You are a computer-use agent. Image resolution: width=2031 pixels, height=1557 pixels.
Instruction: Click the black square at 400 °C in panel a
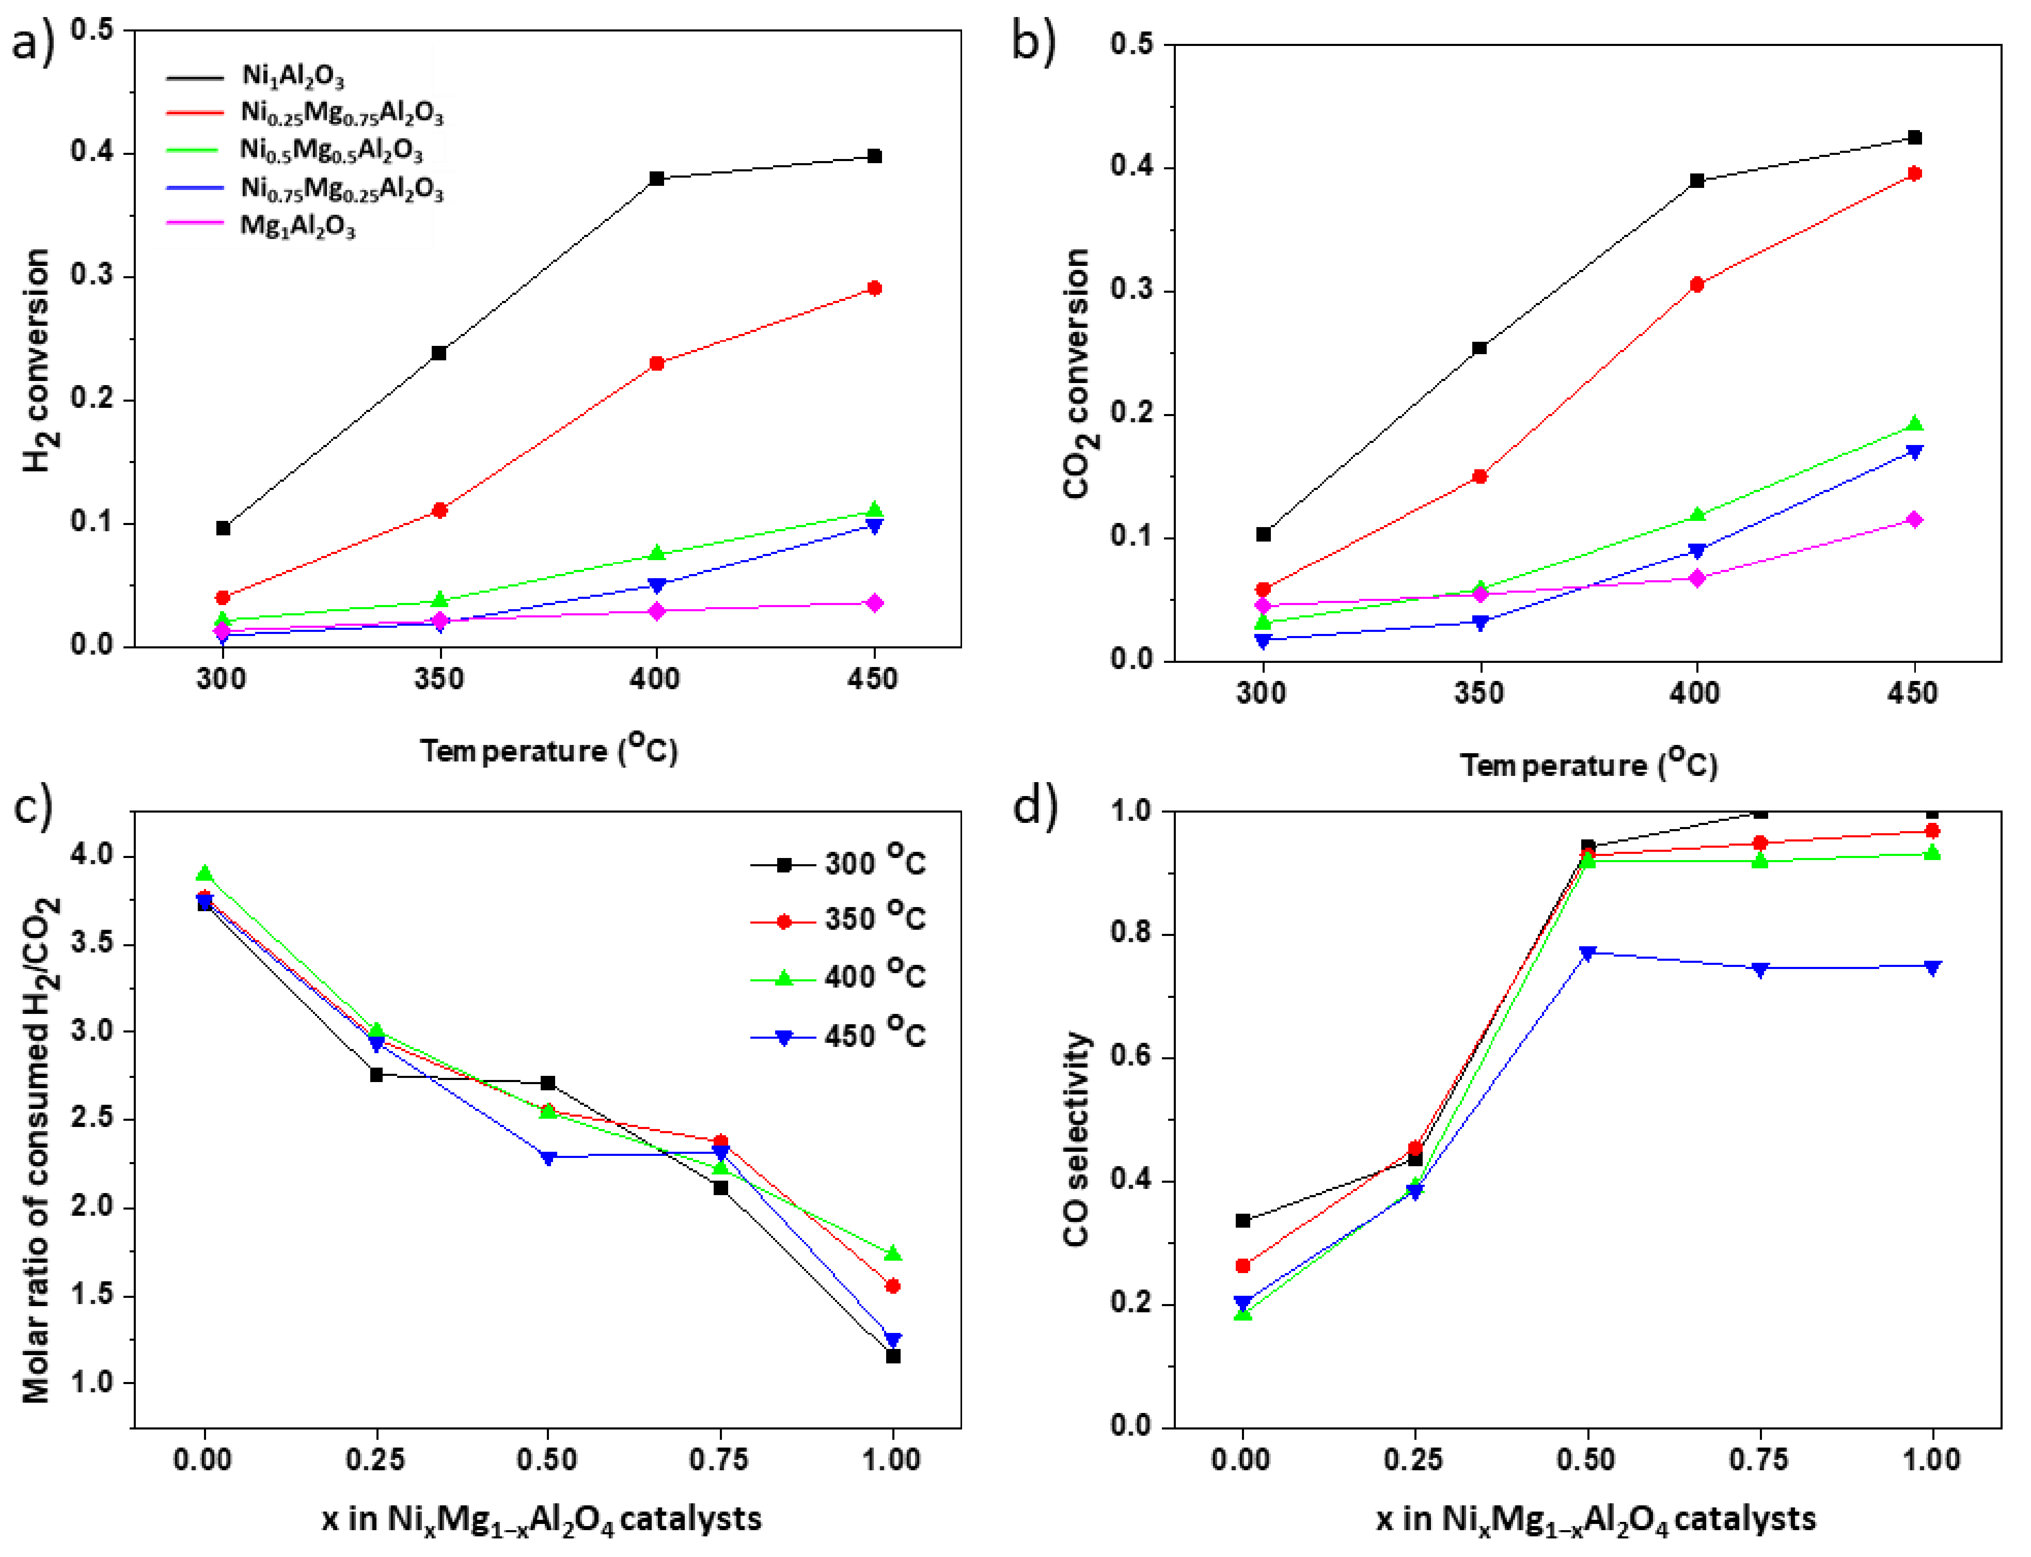point(656,178)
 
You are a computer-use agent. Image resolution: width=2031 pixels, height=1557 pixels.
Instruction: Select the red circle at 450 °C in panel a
point(873,288)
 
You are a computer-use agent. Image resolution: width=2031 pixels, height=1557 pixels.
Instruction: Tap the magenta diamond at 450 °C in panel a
point(873,603)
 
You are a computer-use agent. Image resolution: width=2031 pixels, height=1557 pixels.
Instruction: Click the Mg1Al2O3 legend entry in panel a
point(296,226)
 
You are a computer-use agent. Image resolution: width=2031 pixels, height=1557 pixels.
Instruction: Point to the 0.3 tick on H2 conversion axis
point(93,276)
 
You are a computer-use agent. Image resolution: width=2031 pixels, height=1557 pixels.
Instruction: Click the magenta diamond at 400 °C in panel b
point(1696,578)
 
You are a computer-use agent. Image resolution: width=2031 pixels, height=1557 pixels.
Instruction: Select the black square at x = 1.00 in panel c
point(893,1356)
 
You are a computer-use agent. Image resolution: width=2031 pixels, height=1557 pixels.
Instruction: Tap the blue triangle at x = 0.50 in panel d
point(1587,953)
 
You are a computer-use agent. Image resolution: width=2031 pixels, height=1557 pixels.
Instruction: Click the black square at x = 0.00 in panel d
point(1243,1220)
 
